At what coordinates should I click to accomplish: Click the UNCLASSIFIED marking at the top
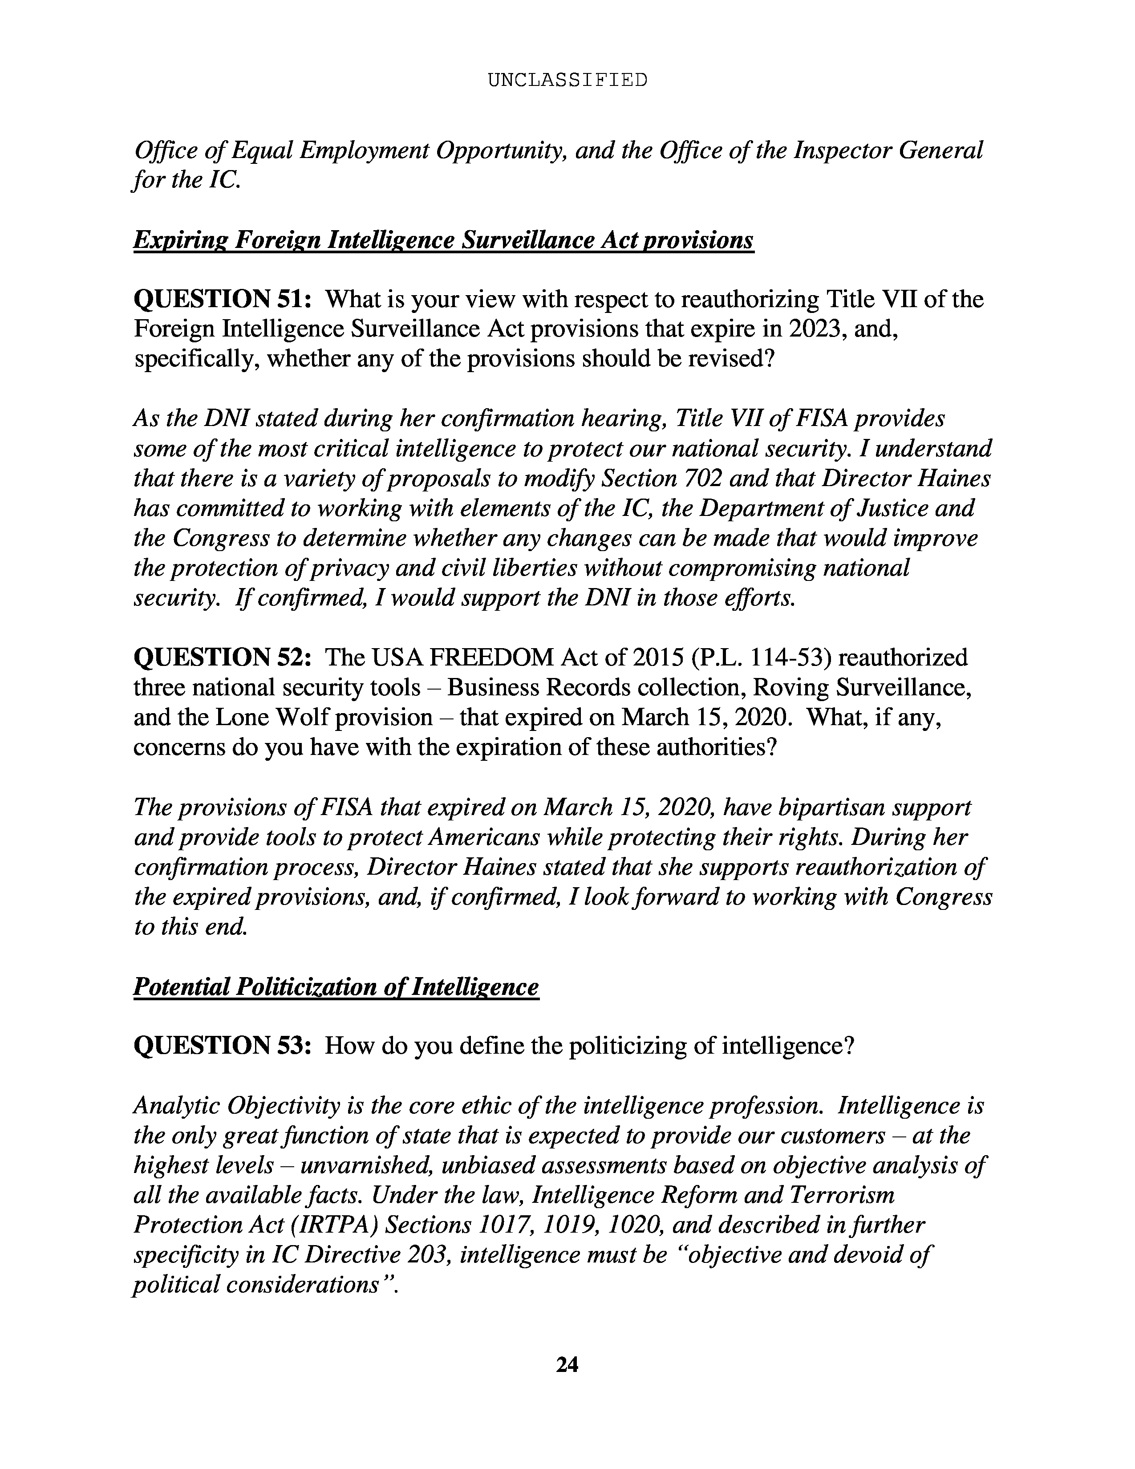coord(567,80)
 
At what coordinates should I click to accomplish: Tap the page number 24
coord(567,1363)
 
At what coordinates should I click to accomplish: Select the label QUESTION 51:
coord(223,299)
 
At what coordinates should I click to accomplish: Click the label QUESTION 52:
coord(223,657)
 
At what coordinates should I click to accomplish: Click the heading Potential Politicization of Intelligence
coord(336,987)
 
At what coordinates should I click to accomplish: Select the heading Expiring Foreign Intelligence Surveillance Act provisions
coord(444,240)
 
